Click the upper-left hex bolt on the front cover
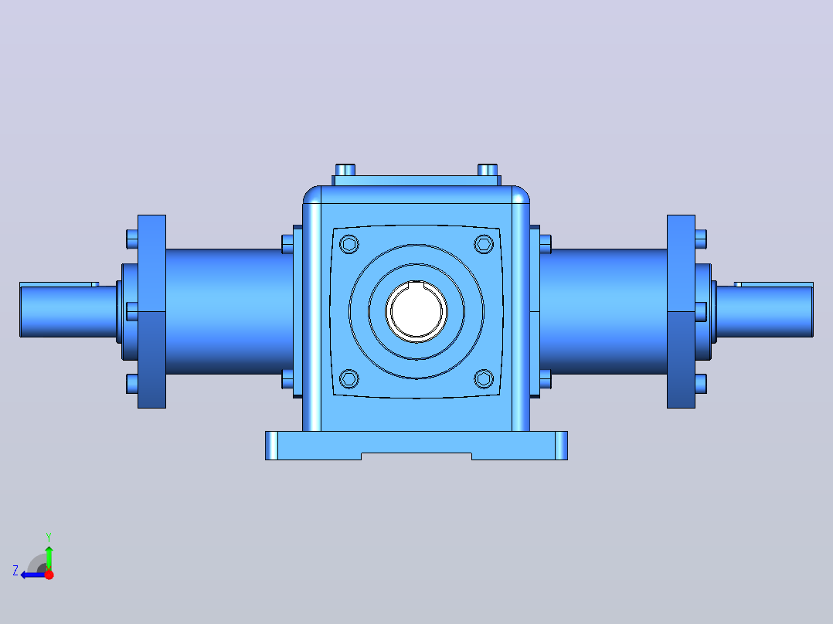[x=349, y=244]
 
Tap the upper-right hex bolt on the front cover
[x=484, y=244]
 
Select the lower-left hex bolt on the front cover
[x=349, y=378]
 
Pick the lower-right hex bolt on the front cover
[x=484, y=378]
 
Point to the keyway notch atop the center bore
[x=416, y=285]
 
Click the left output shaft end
[x=68, y=311]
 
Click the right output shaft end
[x=765, y=311]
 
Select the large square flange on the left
[x=152, y=312]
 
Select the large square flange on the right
[x=681, y=312]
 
